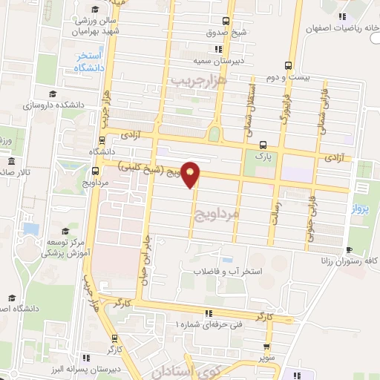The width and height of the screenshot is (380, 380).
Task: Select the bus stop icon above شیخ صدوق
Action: click(226, 21)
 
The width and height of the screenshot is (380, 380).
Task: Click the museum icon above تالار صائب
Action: click(10, 162)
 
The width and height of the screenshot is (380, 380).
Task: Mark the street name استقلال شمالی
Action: click(247, 111)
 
